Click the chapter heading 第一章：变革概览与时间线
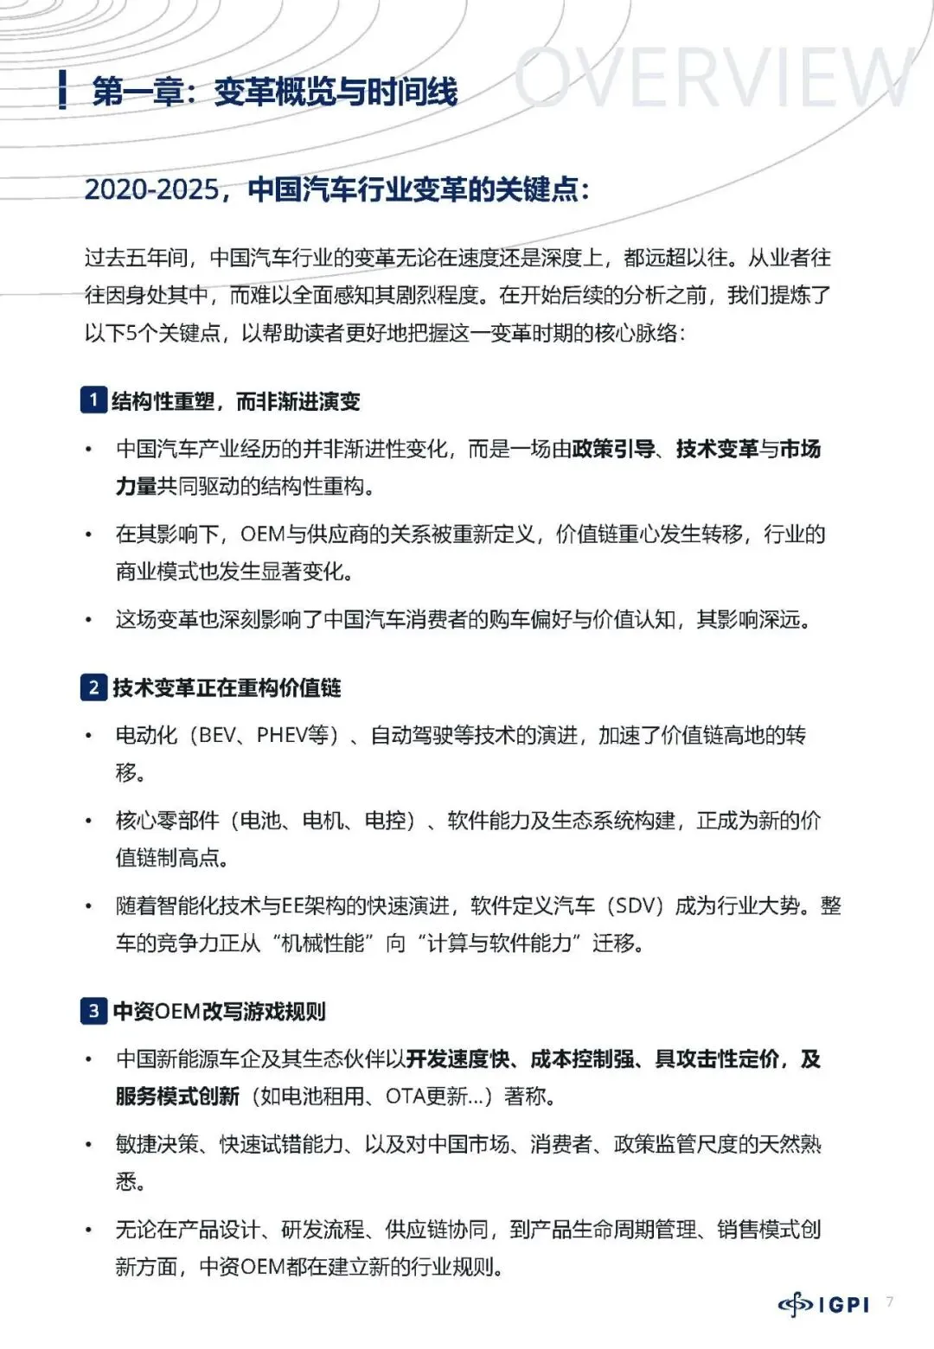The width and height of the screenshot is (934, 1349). pos(274,92)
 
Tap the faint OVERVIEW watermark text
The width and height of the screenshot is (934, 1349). pos(713,78)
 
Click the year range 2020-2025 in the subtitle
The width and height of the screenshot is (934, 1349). pos(152,189)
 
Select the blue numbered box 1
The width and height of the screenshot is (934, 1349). pos(93,400)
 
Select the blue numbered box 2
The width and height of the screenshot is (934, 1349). pos(93,687)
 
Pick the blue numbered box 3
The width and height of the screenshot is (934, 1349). pos(93,1010)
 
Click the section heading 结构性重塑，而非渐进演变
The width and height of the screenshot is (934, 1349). pos(236,401)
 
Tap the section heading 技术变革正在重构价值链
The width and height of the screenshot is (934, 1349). pos(227,688)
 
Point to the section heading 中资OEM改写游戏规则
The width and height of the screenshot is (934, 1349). pos(220,1011)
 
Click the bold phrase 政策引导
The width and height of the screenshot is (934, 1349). pos(613,449)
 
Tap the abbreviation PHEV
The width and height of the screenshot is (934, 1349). pos(282,735)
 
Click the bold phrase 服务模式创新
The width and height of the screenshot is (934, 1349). pos(177,1096)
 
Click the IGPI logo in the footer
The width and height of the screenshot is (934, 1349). pos(823,1304)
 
